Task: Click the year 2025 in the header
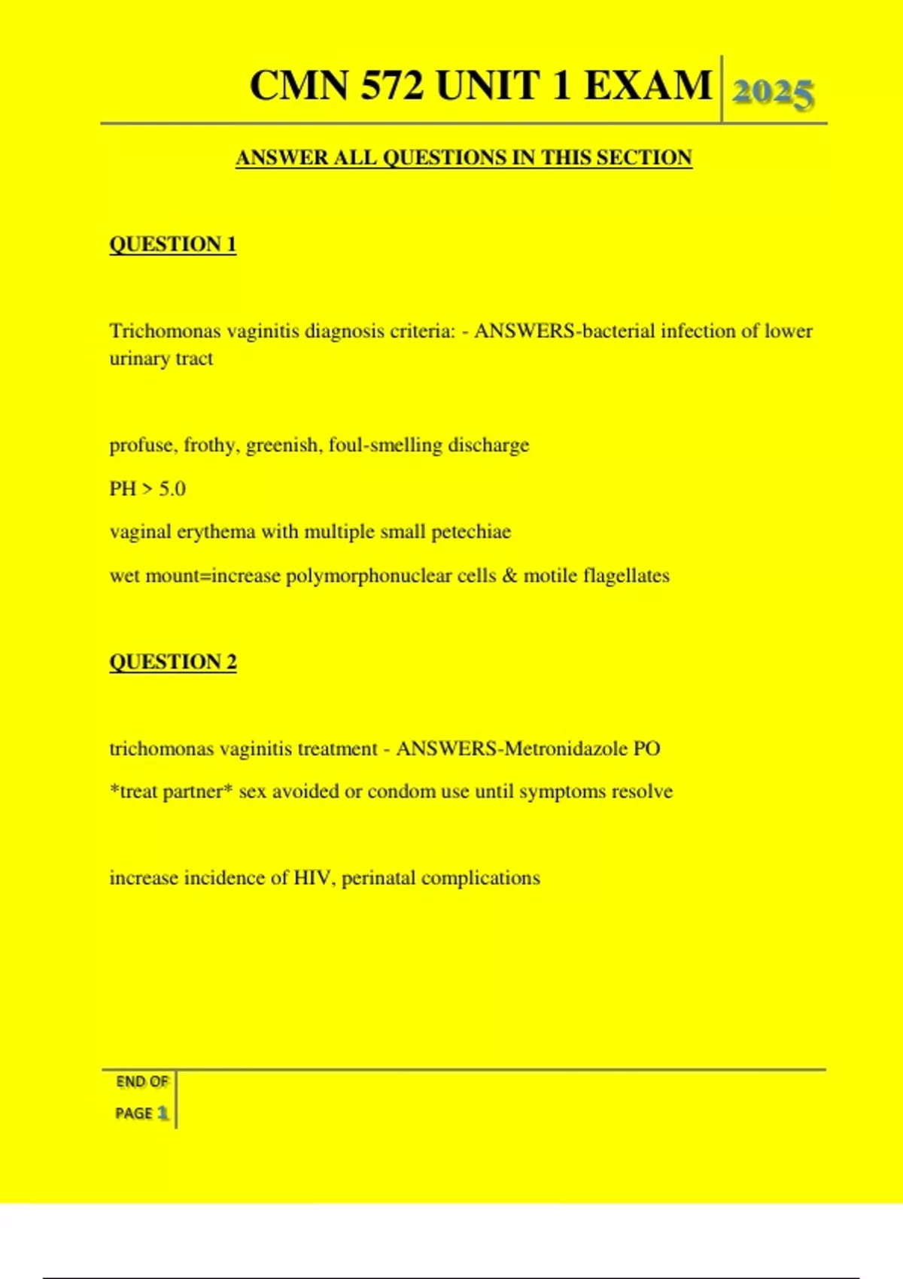(773, 94)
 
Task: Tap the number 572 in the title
(391, 85)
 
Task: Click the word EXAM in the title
(648, 85)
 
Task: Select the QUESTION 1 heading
(173, 245)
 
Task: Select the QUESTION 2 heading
(173, 662)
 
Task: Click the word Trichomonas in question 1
(165, 331)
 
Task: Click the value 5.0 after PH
(172, 489)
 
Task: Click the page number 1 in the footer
(163, 1113)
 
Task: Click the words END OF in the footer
(142, 1082)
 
